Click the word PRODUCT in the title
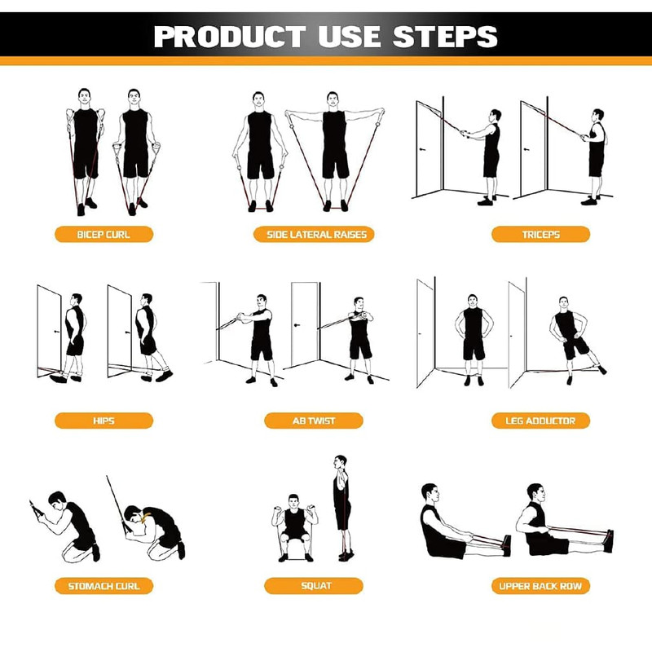(x=230, y=36)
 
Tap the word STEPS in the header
(x=445, y=36)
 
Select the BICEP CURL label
(x=104, y=235)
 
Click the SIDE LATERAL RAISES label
(x=314, y=235)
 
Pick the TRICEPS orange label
(x=540, y=235)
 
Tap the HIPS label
(x=104, y=421)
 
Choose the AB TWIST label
(x=314, y=421)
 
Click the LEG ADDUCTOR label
(x=540, y=421)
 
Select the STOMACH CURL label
(x=104, y=586)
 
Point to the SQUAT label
(x=314, y=586)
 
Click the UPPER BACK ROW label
(x=540, y=586)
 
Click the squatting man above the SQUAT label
(x=294, y=528)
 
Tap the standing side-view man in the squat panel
(x=342, y=507)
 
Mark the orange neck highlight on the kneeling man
(x=146, y=518)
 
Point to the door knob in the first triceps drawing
(x=422, y=149)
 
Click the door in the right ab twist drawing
(x=305, y=324)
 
